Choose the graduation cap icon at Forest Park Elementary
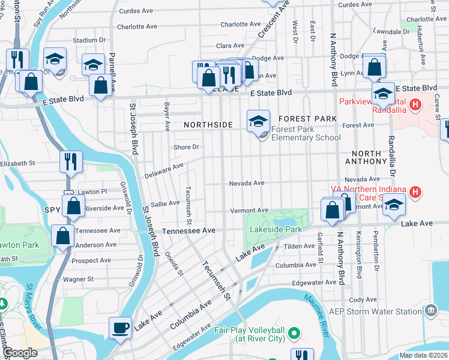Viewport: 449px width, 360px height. pos(258,121)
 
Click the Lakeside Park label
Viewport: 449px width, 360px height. pos(277,229)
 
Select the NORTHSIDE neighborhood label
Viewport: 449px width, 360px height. pos(208,124)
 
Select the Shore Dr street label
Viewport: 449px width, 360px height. pos(185,147)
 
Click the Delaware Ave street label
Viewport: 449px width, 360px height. pos(164,170)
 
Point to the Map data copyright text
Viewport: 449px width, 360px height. pos(423,355)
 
